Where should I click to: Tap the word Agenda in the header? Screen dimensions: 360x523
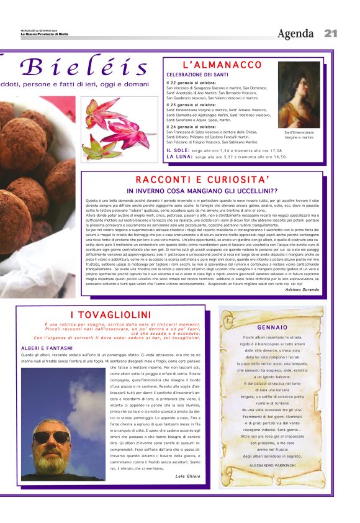[295, 34]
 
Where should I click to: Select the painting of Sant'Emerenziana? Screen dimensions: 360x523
[299, 94]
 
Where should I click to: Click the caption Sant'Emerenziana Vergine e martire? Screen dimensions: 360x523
[299, 135]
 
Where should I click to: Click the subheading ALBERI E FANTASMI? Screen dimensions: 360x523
[47, 348]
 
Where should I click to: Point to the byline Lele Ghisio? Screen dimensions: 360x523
[189, 476]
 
